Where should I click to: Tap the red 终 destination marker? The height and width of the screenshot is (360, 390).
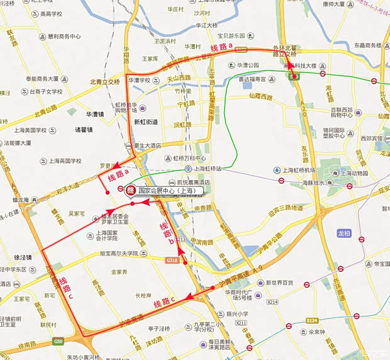131,190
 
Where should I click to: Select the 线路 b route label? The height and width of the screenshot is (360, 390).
167,232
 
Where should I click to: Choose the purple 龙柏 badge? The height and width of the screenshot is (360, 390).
343,233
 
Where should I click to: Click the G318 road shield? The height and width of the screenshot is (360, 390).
172,260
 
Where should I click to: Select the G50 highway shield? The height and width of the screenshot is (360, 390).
58,341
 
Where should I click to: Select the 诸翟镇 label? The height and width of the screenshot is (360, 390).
84,130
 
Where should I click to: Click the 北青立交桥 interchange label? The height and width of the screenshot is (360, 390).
104,82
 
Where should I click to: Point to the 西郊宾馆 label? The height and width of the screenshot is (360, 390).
371,138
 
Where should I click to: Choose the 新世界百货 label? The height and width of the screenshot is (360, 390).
279,283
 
